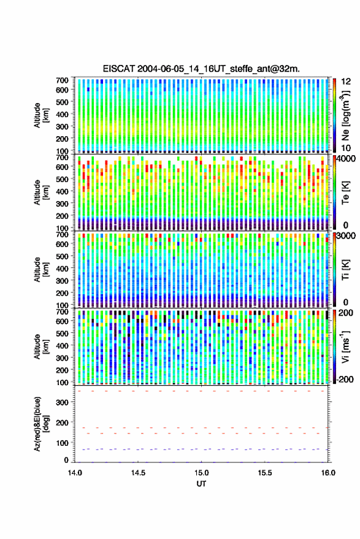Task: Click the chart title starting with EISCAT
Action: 201,69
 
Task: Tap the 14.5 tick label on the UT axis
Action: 138,473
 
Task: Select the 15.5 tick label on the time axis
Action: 264,473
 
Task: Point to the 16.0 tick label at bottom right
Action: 328,473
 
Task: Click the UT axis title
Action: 201,484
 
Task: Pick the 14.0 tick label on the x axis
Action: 75,473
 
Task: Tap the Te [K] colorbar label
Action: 345,193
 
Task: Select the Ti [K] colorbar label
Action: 345,270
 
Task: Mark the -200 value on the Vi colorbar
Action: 345,380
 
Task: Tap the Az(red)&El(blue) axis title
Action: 41,424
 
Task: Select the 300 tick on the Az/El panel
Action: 62,402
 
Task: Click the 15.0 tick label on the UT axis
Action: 201,473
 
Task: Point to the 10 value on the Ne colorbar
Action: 346,148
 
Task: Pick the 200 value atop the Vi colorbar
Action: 346,313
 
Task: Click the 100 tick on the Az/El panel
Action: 62,443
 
